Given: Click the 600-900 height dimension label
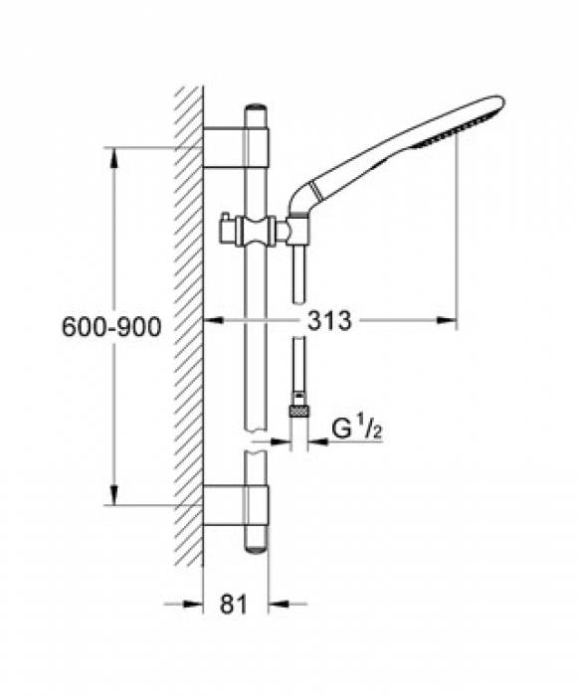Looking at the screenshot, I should pyautogui.click(x=111, y=327).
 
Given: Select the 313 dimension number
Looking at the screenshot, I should pyautogui.click(x=330, y=321).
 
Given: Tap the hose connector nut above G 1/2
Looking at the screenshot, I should pyautogui.click(x=297, y=408).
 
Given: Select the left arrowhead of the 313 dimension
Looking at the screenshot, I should pyautogui.click(x=212, y=321).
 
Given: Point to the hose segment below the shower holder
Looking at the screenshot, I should pyautogui.click(x=297, y=268).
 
